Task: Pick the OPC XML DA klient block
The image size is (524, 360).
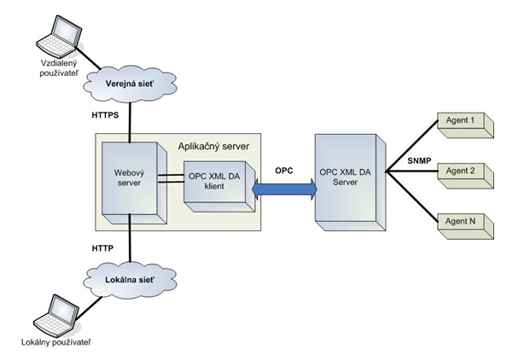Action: click(216, 182)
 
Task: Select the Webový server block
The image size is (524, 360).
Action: click(129, 179)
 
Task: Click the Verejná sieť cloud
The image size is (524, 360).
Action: click(128, 84)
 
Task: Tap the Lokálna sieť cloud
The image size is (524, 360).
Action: click(128, 277)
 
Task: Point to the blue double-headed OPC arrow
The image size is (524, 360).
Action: click(282, 189)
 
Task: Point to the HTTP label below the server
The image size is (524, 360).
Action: click(104, 247)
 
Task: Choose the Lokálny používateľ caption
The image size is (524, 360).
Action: click(54, 343)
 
